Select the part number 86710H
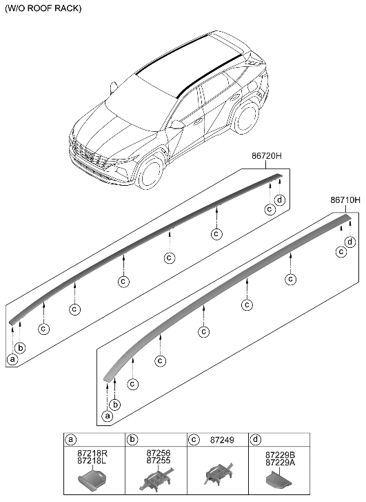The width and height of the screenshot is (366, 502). tap(345, 200)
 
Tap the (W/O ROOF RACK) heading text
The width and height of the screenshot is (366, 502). tap(43, 9)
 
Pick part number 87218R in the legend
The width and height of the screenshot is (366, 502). tap(93, 452)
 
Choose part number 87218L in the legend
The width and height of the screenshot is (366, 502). tap(93, 461)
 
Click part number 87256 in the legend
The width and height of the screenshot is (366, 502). tap(158, 452)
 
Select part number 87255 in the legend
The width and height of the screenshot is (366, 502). tap(158, 461)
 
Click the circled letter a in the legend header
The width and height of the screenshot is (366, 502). tap(71, 439)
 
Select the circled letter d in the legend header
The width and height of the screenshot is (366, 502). tap(257, 439)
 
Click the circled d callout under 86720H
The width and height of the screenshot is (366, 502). tap(280, 200)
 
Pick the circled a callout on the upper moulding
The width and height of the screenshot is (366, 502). tap(12, 358)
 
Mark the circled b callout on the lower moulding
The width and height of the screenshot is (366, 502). tap(116, 404)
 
